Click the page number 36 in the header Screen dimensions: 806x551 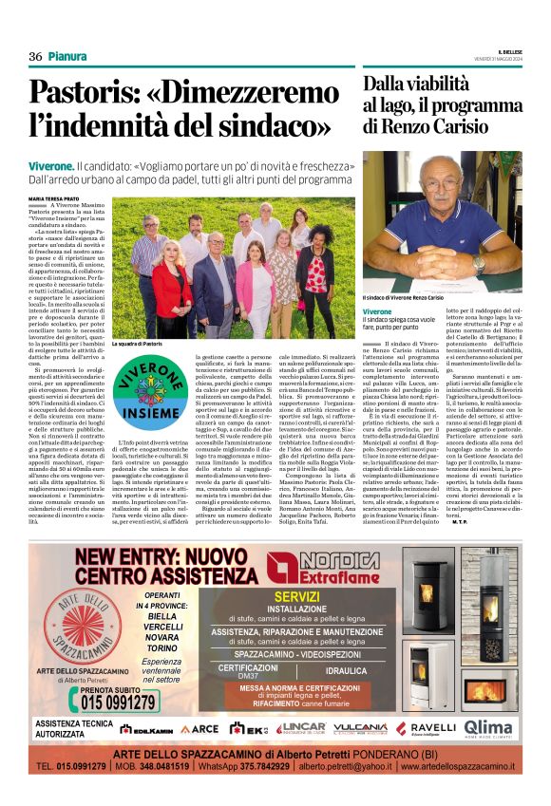click(35, 57)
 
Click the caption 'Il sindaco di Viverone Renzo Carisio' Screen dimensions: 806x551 click(416, 298)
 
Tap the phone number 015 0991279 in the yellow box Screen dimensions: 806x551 click(91, 702)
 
